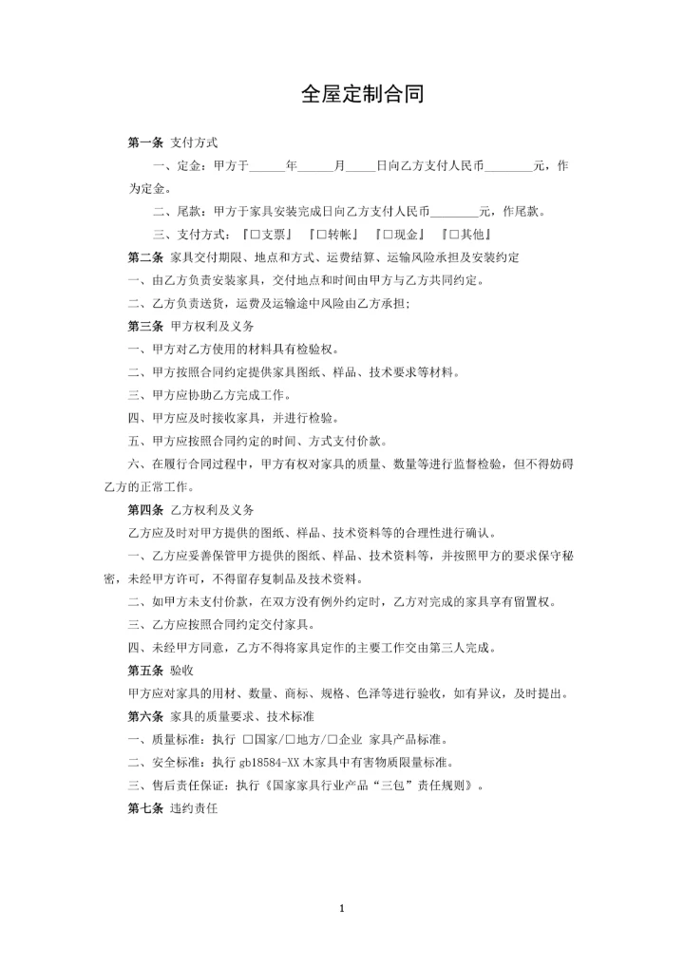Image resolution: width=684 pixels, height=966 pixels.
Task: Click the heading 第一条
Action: (x=145, y=142)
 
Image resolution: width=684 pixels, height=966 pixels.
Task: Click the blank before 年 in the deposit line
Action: (x=268, y=166)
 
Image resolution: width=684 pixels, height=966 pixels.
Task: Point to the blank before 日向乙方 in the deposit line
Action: (x=360, y=166)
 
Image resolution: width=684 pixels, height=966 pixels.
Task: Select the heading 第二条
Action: (x=145, y=257)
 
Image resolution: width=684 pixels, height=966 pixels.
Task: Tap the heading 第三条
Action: (x=145, y=326)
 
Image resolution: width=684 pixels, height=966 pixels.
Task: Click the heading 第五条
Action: (x=145, y=670)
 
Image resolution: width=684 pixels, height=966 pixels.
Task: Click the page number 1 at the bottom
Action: (x=341, y=909)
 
